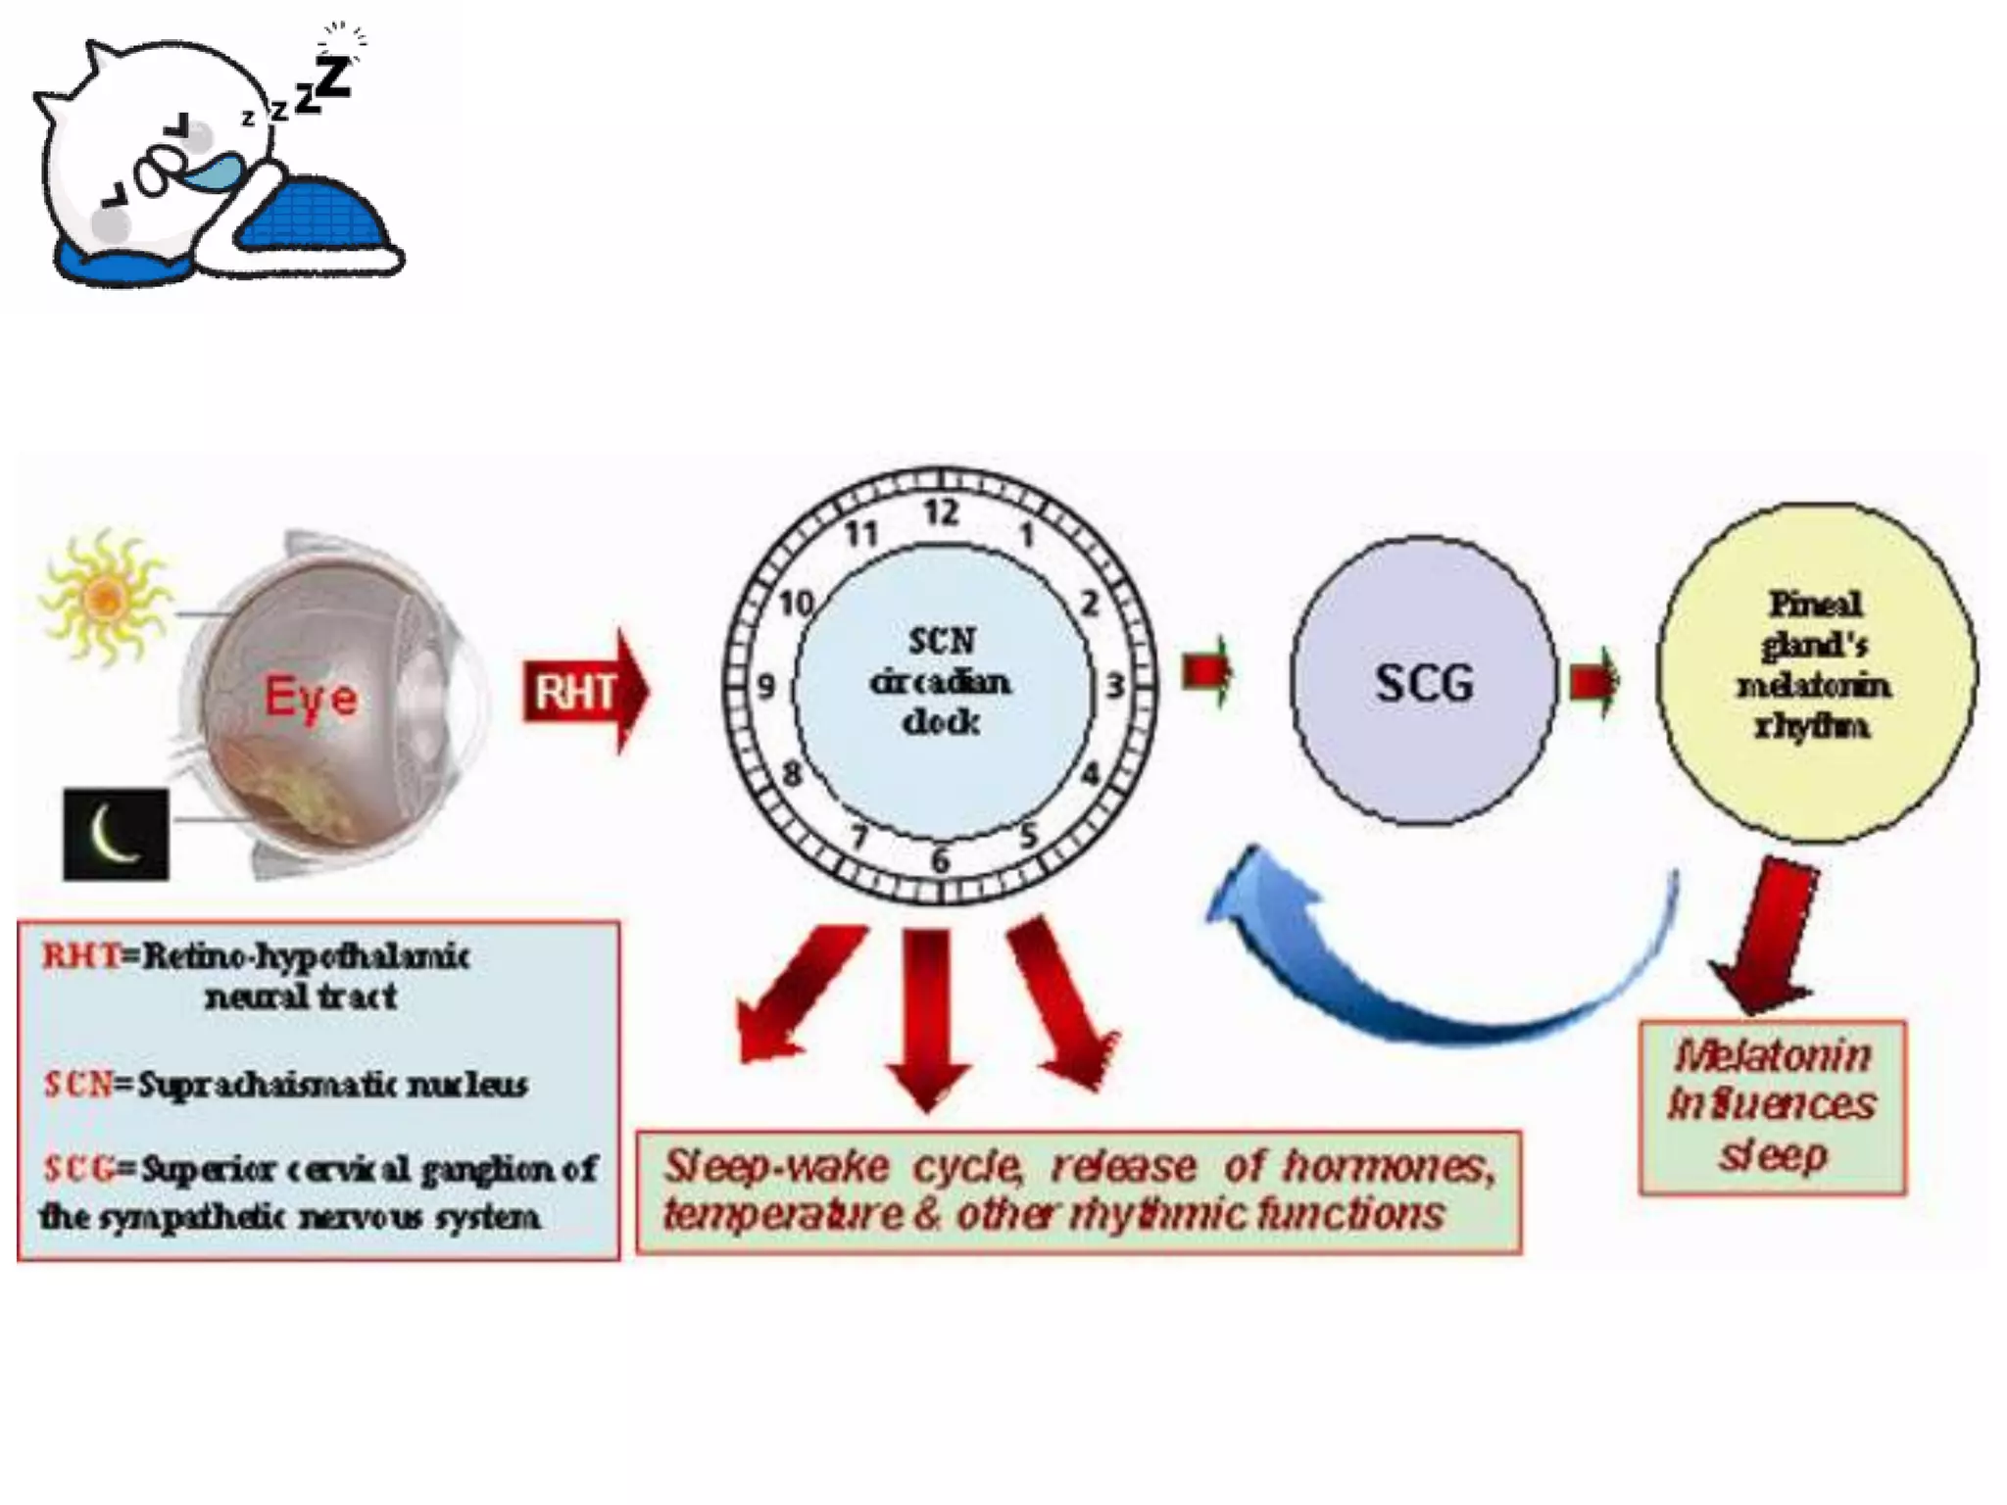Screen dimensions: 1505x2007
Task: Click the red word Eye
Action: coord(312,699)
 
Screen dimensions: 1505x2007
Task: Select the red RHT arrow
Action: coord(584,692)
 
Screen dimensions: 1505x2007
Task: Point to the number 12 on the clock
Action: coord(941,512)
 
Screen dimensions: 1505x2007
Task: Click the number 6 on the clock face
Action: coord(940,861)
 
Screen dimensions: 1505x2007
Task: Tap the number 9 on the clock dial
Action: coord(766,687)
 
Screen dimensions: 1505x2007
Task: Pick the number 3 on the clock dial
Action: coord(1115,686)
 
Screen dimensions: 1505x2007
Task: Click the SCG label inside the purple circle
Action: coord(1424,683)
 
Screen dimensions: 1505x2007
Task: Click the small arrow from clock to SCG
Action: coord(1207,671)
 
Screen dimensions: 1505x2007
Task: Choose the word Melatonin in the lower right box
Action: coord(1774,1056)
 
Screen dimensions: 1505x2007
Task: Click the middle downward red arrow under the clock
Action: coord(926,1014)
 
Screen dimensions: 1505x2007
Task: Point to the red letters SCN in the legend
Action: coord(78,1085)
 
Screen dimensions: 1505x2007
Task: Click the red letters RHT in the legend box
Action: coord(80,955)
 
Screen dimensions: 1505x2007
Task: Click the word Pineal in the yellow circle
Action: coord(1815,605)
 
